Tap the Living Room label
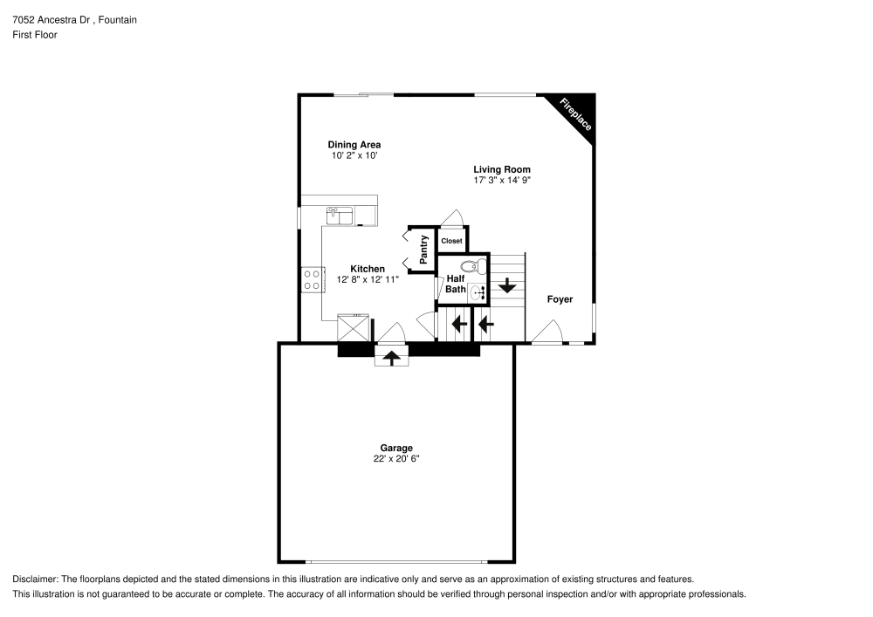pyautogui.click(x=502, y=169)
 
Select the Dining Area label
pyautogui.click(x=354, y=145)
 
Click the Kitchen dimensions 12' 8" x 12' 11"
pyautogui.click(x=368, y=280)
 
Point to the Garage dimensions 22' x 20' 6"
pyautogui.click(x=395, y=459)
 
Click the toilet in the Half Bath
pyautogui.click(x=469, y=267)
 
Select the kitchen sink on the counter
pyautogui.click(x=339, y=212)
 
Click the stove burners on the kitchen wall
pyautogui.click(x=311, y=279)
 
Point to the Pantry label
pyautogui.click(x=424, y=249)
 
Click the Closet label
pyautogui.click(x=451, y=241)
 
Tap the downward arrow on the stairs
pyautogui.click(x=506, y=285)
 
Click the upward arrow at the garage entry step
pyautogui.click(x=391, y=357)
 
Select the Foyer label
pyautogui.click(x=560, y=299)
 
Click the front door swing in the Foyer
pyautogui.click(x=546, y=332)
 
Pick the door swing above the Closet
pyautogui.click(x=452, y=217)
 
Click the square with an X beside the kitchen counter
pyautogui.click(x=354, y=329)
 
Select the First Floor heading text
pyautogui.click(x=34, y=35)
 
